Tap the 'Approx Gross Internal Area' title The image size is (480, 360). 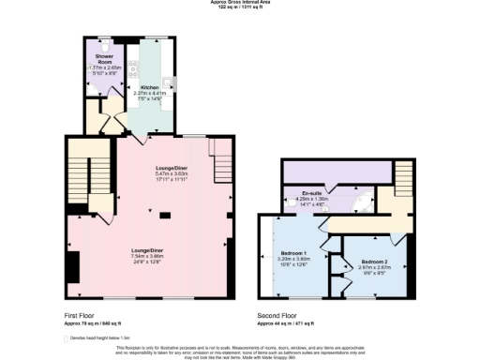241,3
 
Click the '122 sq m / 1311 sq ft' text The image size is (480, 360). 241,8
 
